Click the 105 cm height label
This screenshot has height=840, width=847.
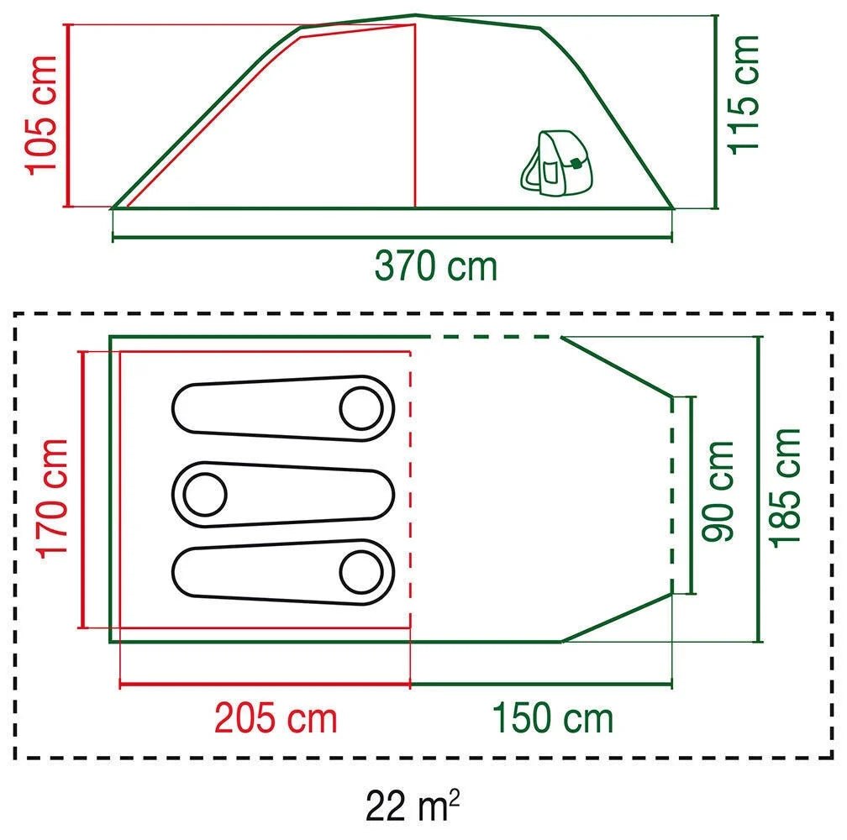[42, 116]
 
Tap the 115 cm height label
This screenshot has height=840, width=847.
[744, 95]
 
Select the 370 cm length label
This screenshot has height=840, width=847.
[435, 266]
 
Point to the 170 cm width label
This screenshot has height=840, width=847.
[51, 499]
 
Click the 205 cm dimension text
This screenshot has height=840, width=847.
[276, 718]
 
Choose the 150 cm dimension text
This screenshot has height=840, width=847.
[553, 718]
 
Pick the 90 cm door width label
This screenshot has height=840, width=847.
[718, 491]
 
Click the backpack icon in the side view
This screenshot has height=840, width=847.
[556, 162]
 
